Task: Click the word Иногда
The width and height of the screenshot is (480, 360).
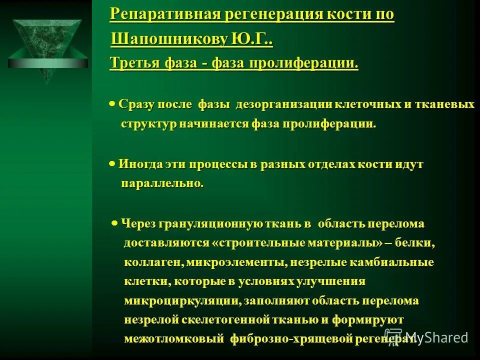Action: click(142, 164)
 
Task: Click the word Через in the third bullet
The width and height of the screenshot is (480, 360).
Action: click(138, 224)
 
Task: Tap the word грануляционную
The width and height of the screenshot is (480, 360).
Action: click(210, 224)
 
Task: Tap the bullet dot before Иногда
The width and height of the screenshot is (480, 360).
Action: click(113, 163)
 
